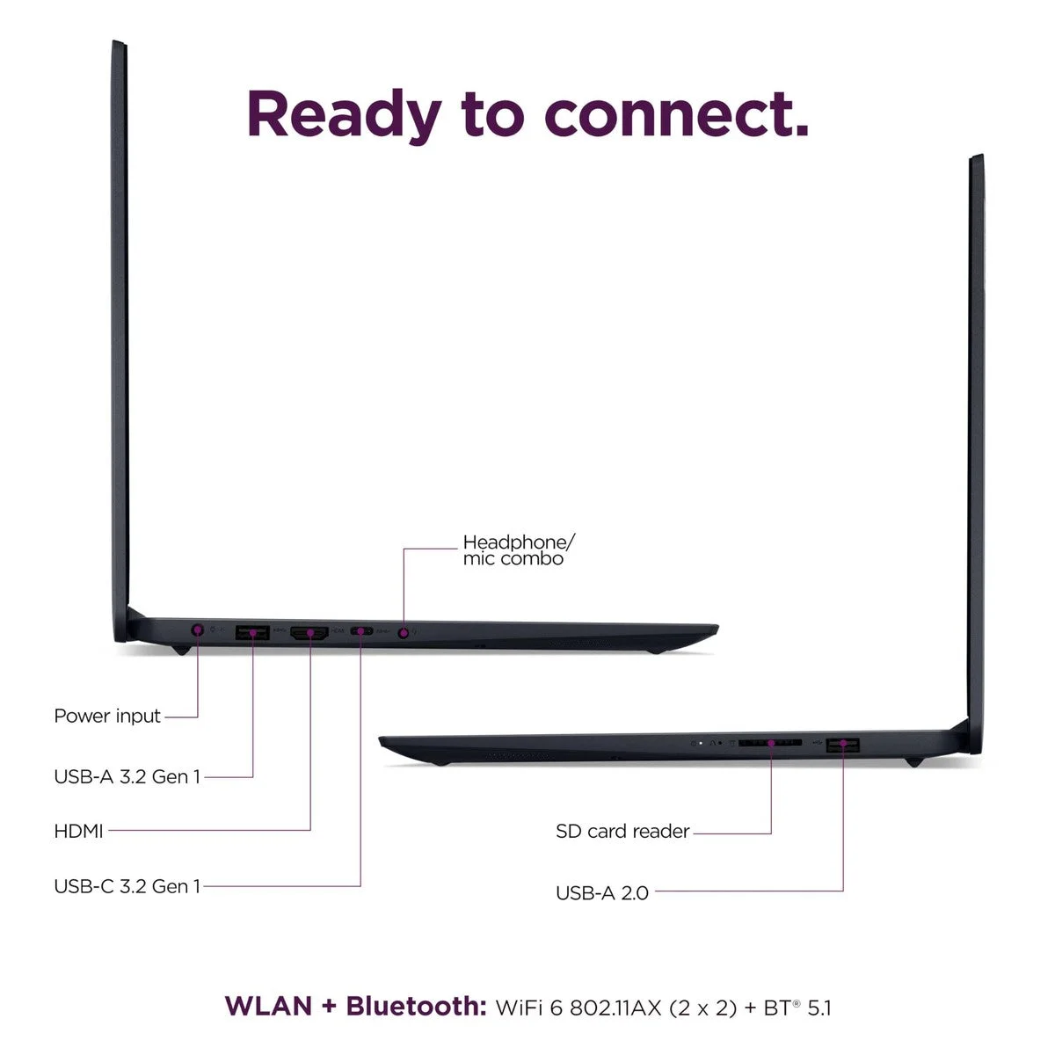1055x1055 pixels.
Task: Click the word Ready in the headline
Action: [345, 115]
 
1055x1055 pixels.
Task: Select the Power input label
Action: [107, 717]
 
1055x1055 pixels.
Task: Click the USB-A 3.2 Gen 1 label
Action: [127, 776]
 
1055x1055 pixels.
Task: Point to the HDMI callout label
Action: [79, 831]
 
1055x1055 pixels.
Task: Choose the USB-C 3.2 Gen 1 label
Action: [127, 886]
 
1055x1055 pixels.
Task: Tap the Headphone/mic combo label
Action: [519, 550]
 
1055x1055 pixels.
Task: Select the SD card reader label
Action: [622, 831]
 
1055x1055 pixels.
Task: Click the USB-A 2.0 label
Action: [602, 893]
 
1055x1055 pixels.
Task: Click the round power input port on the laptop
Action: [198, 629]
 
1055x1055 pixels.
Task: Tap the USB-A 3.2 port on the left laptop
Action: [252, 632]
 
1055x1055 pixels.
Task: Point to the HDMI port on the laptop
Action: [309, 633]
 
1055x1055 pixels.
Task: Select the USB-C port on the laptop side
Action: [361, 631]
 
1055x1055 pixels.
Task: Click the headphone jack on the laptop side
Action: [404, 633]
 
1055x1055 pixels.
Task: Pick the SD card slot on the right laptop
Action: [770, 743]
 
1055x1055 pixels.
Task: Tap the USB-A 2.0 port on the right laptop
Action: [843, 745]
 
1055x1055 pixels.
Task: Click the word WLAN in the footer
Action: [269, 1007]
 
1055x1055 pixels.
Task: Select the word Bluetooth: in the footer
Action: [416, 1006]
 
